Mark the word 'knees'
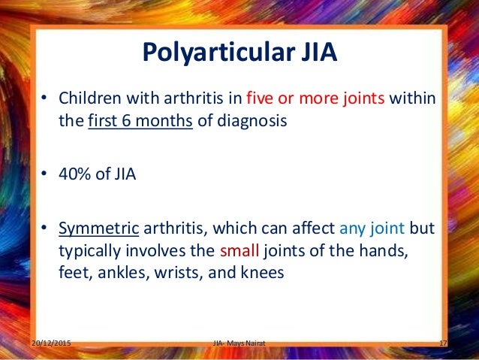pos(262,273)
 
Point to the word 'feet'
pos(72,273)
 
